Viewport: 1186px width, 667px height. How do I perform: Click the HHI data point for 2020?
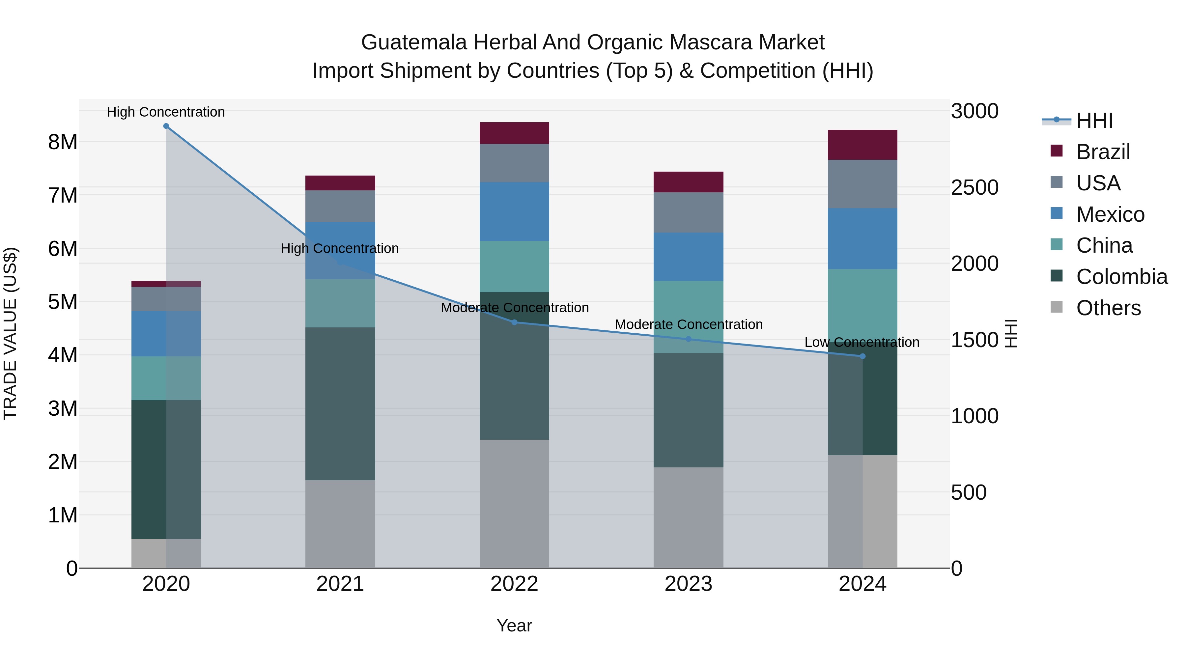point(166,126)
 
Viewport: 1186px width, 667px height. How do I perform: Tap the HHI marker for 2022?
point(514,322)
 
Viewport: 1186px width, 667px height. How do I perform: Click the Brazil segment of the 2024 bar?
point(862,145)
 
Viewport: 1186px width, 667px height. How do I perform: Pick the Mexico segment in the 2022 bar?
point(514,212)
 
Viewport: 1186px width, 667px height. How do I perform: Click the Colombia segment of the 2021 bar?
point(340,404)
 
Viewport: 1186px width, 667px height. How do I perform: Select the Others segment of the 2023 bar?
point(688,517)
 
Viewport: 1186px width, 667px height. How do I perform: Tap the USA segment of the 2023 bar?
point(688,212)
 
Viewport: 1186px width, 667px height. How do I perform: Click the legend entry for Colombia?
point(1121,277)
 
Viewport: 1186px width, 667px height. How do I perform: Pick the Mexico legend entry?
point(1110,214)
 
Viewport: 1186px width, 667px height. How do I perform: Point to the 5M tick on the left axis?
point(63,302)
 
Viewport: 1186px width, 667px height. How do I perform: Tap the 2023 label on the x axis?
point(688,584)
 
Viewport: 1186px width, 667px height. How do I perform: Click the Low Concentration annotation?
point(862,343)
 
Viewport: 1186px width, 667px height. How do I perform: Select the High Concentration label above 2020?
point(166,112)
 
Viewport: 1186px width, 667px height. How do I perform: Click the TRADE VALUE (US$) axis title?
point(10,333)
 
